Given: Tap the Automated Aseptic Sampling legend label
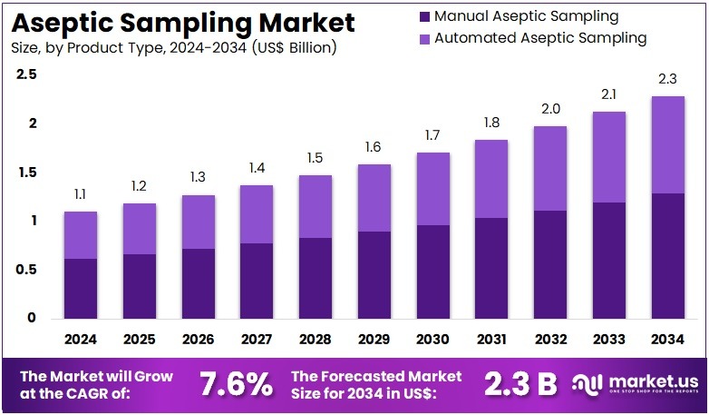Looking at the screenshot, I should click(539, 38).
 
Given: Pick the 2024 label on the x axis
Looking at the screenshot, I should click(80, 341).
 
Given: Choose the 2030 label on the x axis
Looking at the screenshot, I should click(433, 341).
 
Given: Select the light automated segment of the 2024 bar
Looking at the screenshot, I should click(80, 235).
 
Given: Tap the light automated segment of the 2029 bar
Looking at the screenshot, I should click(374, 198).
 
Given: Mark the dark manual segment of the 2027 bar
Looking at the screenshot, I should click(257, 281).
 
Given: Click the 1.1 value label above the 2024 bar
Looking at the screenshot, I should click(80, 194).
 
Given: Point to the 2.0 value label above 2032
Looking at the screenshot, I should click(550, 109).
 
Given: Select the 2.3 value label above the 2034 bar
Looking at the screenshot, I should click(668, 79).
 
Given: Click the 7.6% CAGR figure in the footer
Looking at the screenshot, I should click(234, 384).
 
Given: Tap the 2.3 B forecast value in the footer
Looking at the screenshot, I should click(521, 384).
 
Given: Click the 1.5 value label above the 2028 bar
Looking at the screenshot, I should click(316, 158).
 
